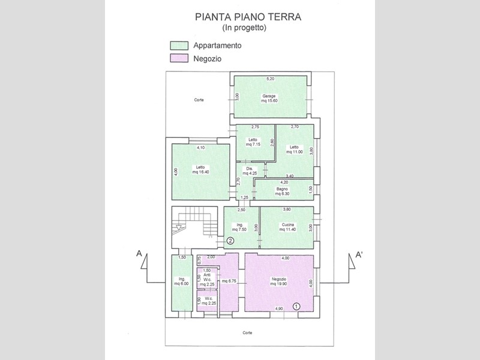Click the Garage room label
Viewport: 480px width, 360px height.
tap(268, 98)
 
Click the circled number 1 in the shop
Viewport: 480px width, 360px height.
tap(296, 305)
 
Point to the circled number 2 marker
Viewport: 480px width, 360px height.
tap(230, 241)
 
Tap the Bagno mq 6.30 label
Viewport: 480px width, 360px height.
tap(282, 191)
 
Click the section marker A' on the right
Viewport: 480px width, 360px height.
tap(359, 254)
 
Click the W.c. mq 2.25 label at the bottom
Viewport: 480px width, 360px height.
tap(207, 301)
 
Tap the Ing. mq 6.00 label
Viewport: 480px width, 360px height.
tap(181, 281)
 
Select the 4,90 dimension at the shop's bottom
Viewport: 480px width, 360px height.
tap(279, 308)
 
